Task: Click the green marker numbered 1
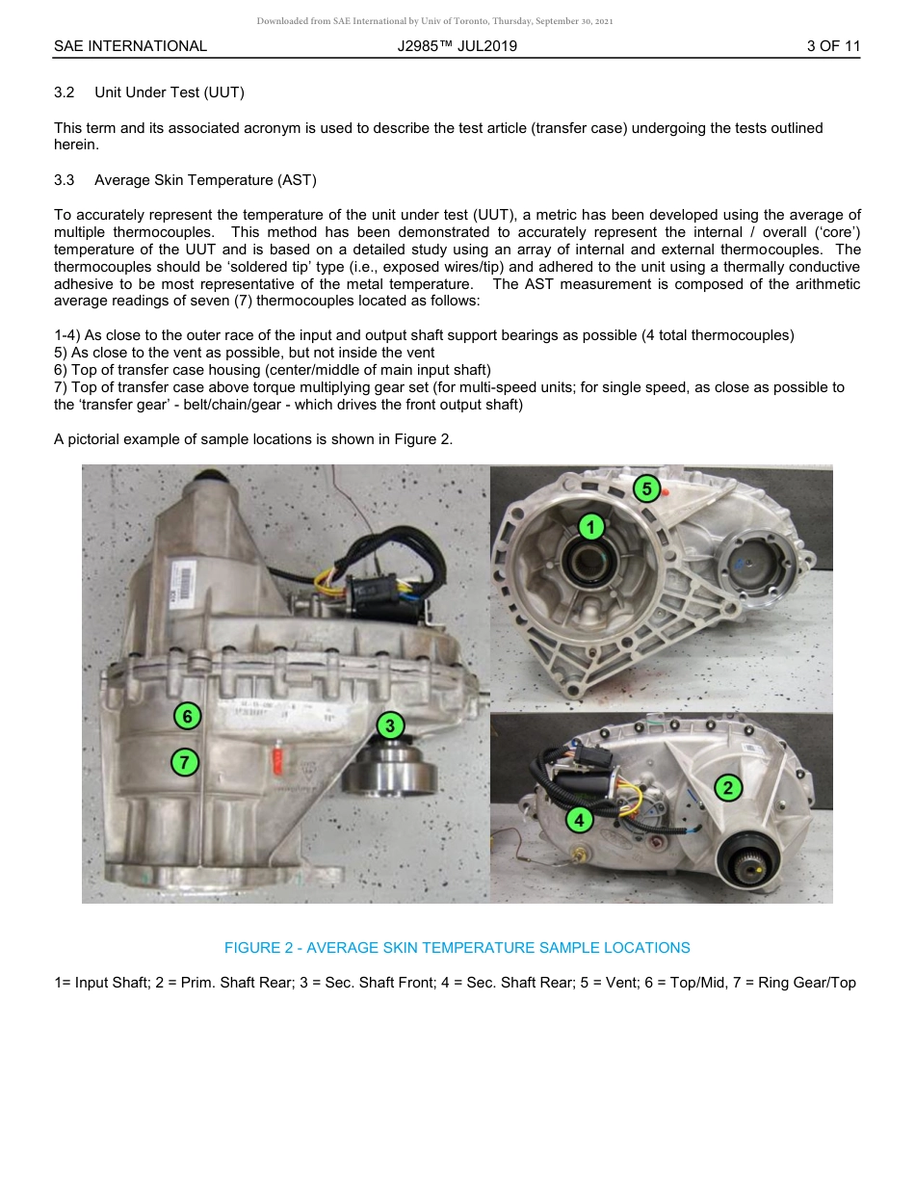(590, 526)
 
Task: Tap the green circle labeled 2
(728, 788)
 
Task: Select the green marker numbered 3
(389, 725)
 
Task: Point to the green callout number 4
(579, 820)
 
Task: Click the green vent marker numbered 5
(646, 489)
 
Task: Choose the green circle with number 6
(187, 716)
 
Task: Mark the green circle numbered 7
(184, 762)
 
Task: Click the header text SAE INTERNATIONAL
(130, 46)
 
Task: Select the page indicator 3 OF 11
(833, 46)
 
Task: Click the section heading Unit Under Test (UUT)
(170, 92)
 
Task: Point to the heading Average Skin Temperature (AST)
(205, 180)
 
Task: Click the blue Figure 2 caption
(457, 948)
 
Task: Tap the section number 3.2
(65, 92)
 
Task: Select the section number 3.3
(65, 180)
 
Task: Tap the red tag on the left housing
(277, 757)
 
